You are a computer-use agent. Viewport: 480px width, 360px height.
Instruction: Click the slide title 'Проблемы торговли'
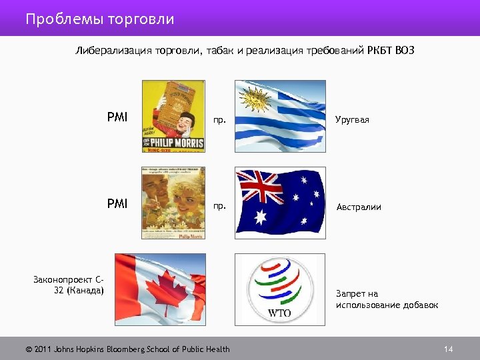pyautogui.click(x=100, y=19)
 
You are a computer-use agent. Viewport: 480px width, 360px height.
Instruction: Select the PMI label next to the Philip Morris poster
pyautogui.click(x=117, y=118)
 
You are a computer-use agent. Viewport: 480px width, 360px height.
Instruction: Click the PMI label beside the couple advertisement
pyautogui.click(x=117, y=203)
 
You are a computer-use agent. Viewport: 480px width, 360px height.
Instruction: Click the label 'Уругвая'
pyautogui.click(x=353, y=120)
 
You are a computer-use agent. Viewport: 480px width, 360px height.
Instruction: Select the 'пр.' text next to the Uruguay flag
pyautogui.click(x=219, y=121)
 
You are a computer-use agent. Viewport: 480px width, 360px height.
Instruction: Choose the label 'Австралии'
pyautogui.click(x=359, y=207)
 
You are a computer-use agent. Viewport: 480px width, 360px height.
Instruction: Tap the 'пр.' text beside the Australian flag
pyautogui.click(x=219, y=206)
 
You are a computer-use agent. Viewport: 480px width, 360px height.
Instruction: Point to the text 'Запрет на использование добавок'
pyautogui.click(x=387, y=299)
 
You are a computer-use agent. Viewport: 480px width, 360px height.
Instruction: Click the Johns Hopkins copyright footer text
pyautogui.click(x=127, y=349)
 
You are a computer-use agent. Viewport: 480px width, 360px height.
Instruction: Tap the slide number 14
pyautogui.click(x=448, y=349)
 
